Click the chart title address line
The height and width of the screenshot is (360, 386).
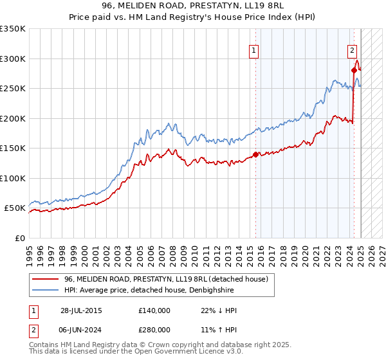click(x=193, y=6)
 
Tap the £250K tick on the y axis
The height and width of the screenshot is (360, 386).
click(x=13, y=89)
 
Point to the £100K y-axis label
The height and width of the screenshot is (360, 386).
click(x=13, y=178)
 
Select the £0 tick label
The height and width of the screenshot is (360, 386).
click(x=19, y=238)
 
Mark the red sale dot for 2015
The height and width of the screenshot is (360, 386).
click(x=255, y=154)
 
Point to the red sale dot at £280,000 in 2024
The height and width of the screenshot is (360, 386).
click(x=354, y=70)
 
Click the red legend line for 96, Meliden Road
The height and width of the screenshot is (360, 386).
click(x=45, y=278)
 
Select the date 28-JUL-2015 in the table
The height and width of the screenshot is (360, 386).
click(x=81, y=310)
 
